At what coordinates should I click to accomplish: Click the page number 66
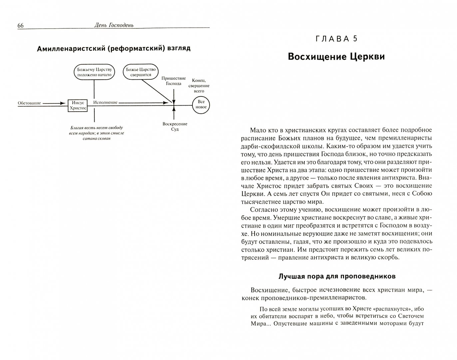(20, 26)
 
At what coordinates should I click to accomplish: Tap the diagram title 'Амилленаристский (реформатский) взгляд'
(114, 48)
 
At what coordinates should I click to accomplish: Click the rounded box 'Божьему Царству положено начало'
(94, 72)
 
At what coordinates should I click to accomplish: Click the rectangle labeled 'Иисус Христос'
(78, 105)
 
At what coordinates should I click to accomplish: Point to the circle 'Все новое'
(201, 104)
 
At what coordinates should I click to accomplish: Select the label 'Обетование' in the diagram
(29, 103)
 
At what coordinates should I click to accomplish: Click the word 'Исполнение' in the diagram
(105, 102)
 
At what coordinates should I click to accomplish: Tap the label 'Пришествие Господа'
(173, 81)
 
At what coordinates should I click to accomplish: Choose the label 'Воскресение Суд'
(175, 126)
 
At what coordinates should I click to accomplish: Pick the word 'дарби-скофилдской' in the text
(270, 146)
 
